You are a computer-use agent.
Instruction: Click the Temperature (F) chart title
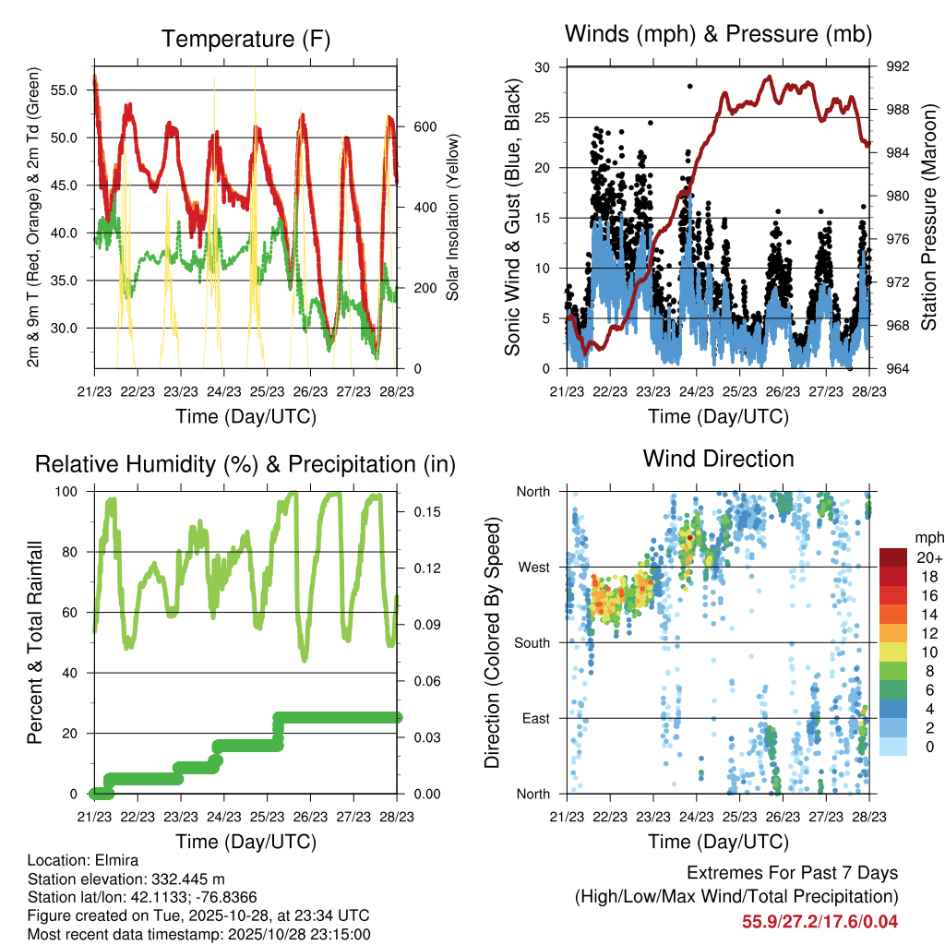(245, 39)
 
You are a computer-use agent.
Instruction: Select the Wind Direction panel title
(718, 459)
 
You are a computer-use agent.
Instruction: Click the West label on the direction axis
(534, 567)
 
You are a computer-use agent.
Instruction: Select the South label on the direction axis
(532, 642)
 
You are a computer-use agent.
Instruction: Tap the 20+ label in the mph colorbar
(928, 557)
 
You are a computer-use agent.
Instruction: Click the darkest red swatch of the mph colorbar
(893, 557)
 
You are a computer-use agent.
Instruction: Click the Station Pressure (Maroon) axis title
(929, 218)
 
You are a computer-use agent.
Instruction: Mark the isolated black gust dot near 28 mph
(689, 86)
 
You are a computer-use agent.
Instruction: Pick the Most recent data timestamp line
(198, 934)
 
